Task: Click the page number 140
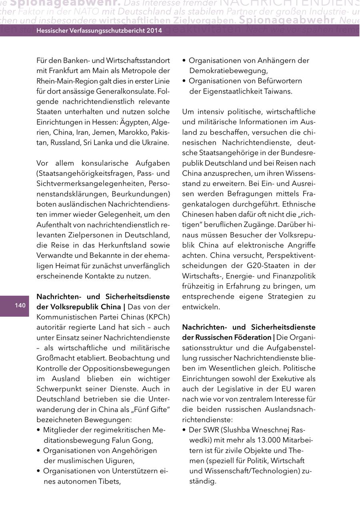pyautogui.click(x=20, y=306)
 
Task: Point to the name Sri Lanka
pyautogui.click(x=97, y=142)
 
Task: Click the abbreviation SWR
pyautogui.click(x=209, y=430)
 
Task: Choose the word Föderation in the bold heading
pyautogui.click(x=252, y=337)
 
